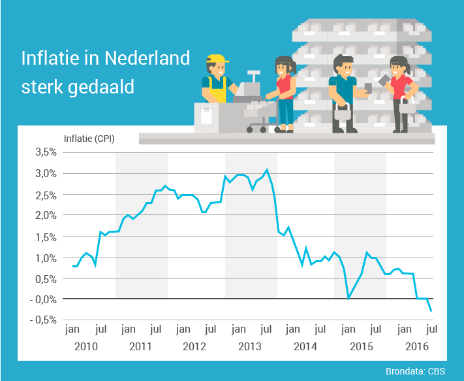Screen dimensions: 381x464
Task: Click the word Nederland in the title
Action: (x=147, y=58)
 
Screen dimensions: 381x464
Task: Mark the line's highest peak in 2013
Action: (x=267, y=170)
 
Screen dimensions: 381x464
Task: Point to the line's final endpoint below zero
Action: (x=431, y=310)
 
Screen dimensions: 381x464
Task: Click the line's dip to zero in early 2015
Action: (x=349, y=298)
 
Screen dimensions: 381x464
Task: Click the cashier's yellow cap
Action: (x=217, y=59)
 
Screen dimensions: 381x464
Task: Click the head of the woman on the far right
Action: (x=397, y=65)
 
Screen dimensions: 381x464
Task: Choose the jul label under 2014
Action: (x=320, y=329)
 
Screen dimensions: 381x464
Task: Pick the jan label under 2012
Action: (x=183, y=329)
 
